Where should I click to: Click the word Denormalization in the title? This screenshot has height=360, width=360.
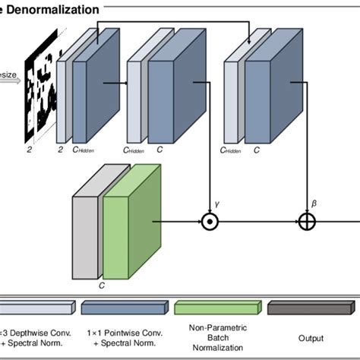coord(54,10)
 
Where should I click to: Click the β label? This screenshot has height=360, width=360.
coord(314,204)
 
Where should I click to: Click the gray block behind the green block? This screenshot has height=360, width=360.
coord(85,232)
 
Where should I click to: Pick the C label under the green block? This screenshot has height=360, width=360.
coord(102,288)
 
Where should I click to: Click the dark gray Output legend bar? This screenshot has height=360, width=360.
coord(311,308)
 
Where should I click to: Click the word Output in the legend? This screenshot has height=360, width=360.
coord(311,338)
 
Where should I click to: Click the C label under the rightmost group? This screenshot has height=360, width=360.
coord(257,150)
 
